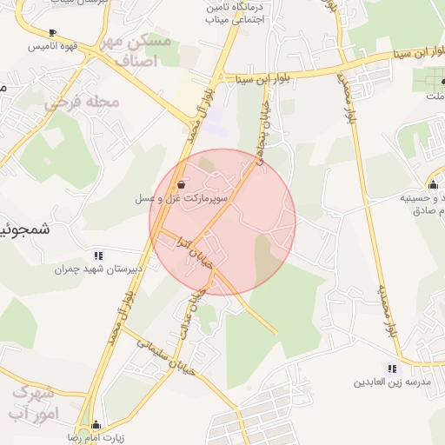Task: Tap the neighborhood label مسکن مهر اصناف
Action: click(x=136, y=51)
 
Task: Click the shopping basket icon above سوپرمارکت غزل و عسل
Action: click(x=181, y=184)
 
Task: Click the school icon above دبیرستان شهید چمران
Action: click(x=98, y=256)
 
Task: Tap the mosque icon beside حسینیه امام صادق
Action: click(x=433, y=183)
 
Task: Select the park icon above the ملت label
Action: click(x=432, y=83)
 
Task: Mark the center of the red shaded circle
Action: click(x=222, y=222)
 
